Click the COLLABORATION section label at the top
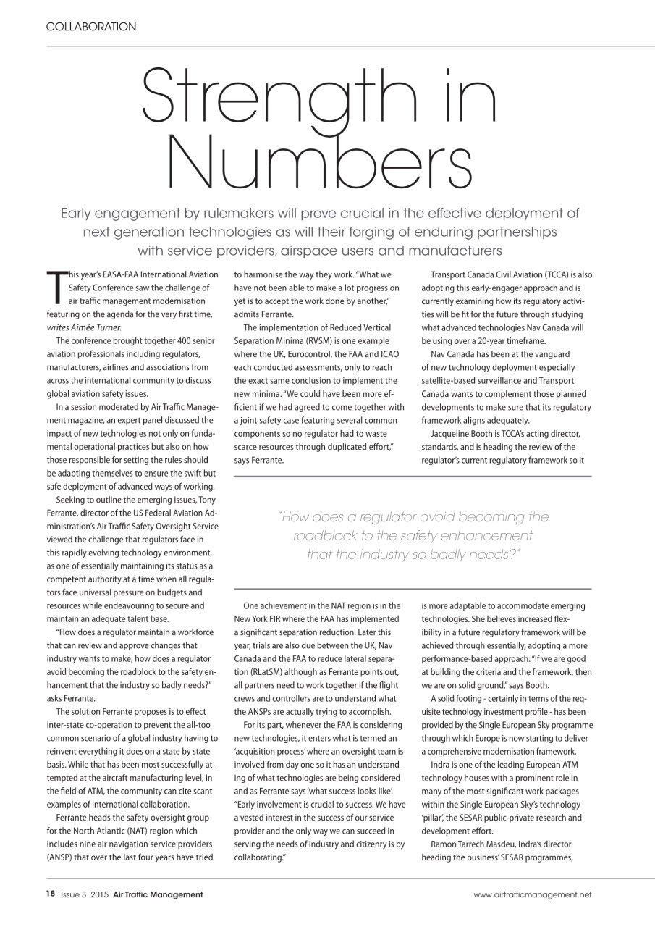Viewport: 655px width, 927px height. [90, 27]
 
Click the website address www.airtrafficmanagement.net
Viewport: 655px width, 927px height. [532, 894]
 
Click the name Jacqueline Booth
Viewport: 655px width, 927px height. [462, 432]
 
